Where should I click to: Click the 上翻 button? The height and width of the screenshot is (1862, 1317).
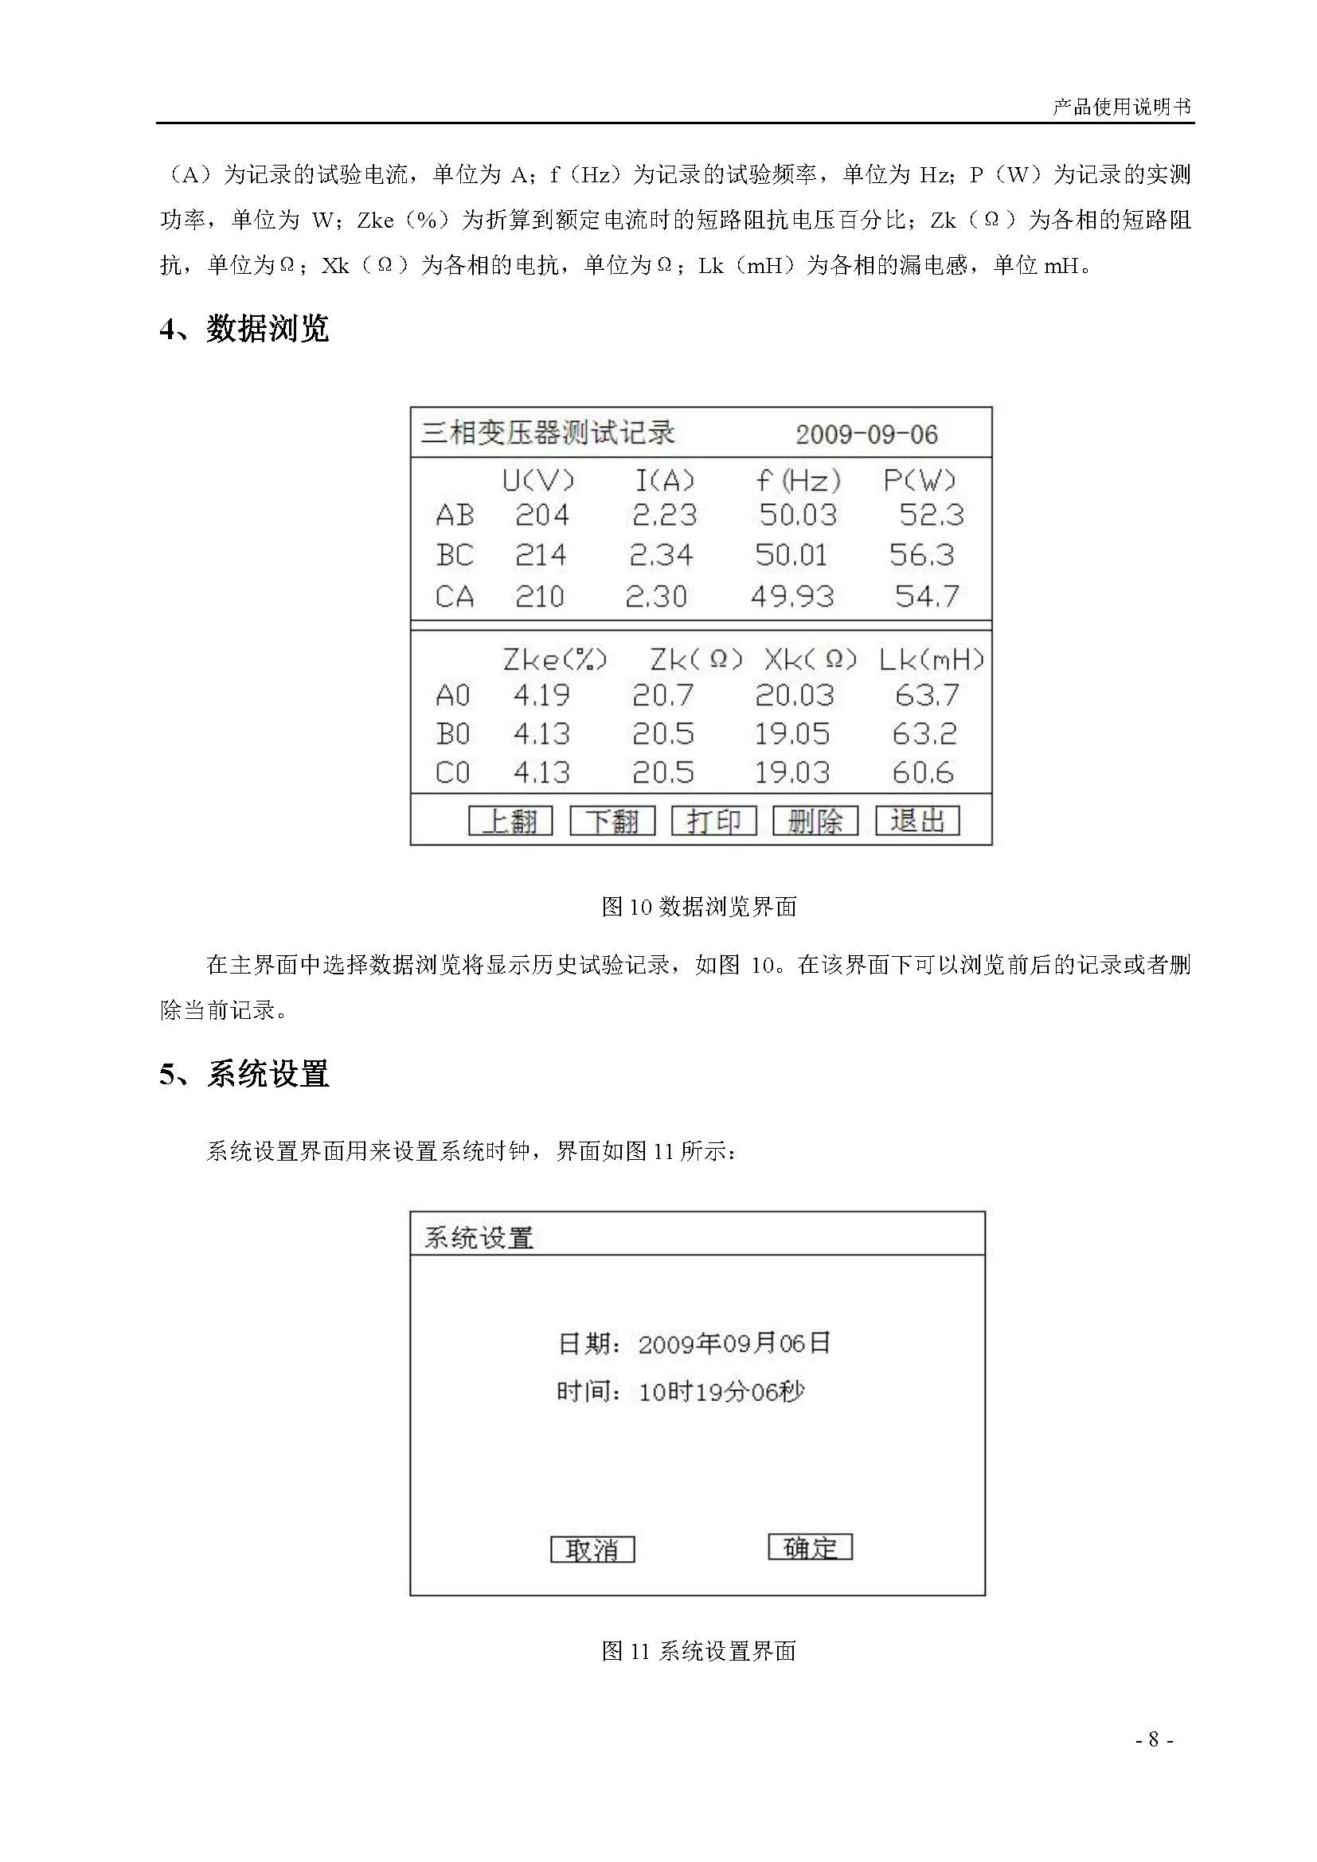[510, 821]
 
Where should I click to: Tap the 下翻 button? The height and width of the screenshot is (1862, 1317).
[612, 821]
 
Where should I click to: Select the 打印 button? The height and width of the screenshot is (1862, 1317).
[713, 821]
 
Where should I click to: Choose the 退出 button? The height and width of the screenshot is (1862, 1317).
[917, 821]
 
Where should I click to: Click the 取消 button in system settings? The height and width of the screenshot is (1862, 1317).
[592, 1550]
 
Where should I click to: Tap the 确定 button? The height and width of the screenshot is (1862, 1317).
[810, 1548]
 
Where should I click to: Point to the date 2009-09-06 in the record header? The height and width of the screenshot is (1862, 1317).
[866, 435]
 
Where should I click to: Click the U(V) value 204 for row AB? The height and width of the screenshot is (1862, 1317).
[541, 515]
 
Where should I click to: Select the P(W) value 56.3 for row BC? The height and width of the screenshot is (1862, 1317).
[921, 556]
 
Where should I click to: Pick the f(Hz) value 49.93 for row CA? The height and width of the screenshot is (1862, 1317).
[791, 597]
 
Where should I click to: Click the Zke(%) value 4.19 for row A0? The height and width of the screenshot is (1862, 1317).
[541, 695]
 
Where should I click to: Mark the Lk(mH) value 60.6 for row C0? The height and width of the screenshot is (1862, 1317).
[923, 772]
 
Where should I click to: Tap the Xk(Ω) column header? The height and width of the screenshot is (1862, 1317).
[810, 659]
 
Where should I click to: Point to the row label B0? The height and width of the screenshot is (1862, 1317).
[452, 734]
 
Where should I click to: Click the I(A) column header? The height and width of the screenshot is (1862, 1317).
[664, 481]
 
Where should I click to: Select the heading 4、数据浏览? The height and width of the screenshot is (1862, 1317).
[244, 330]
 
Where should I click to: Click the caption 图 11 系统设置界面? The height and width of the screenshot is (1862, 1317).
[698, 1651]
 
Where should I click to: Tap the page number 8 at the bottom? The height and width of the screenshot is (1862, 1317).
[1153, 1739]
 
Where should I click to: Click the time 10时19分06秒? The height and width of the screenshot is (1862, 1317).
[721, 1392]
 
